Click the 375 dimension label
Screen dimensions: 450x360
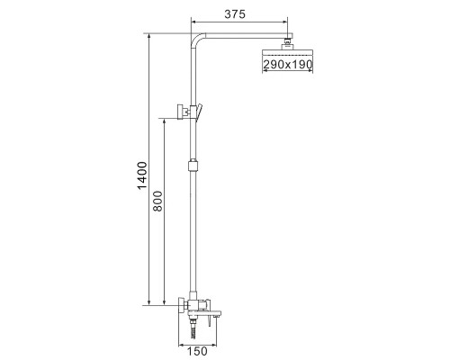235,13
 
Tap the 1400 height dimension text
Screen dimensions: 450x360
142,175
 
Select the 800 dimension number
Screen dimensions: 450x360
157,201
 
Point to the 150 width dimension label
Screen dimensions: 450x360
198,351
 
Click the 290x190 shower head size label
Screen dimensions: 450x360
288,65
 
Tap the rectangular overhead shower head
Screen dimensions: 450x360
288,52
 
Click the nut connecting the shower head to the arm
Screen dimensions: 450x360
288,43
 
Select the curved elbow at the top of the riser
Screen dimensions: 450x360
196,39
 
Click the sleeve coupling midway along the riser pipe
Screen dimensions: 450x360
193,166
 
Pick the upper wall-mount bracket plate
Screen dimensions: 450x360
181,112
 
